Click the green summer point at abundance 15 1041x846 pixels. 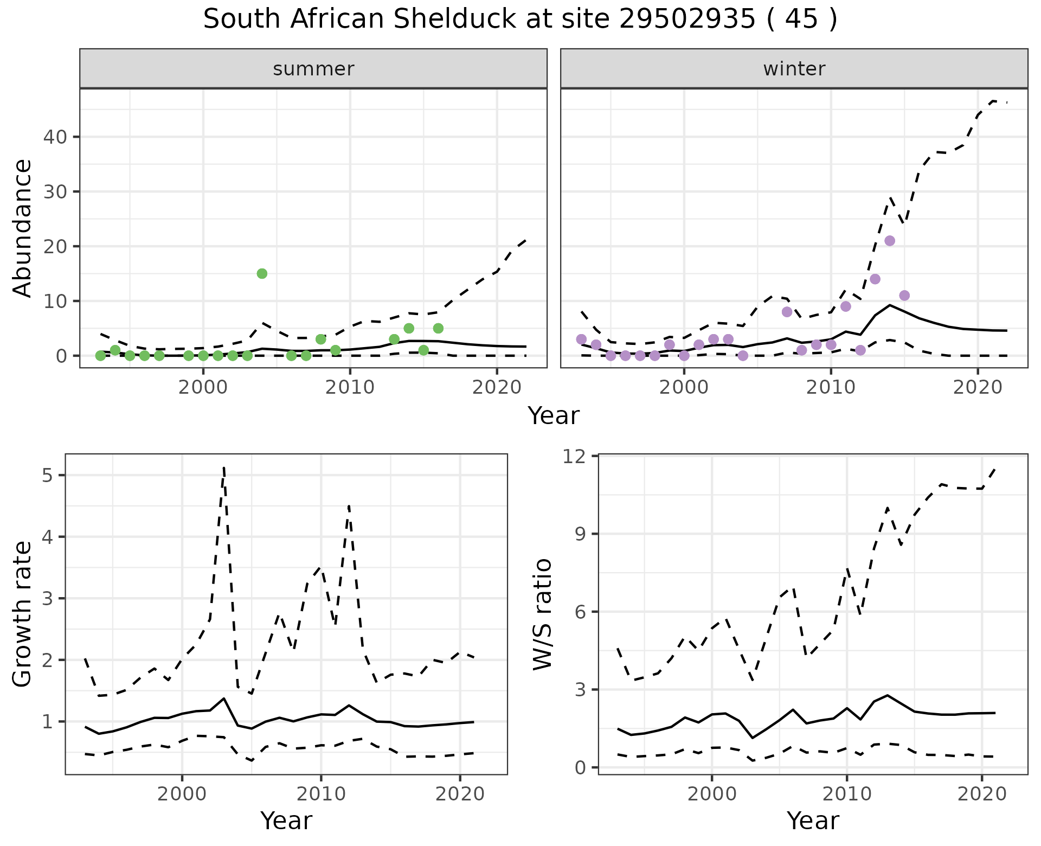tap(262, 273)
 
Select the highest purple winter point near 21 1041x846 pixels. tap(890, 241)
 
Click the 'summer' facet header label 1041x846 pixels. tap(313, 69)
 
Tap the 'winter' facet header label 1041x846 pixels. tap(794, 69)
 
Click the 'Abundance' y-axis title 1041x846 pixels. tap(23, 228)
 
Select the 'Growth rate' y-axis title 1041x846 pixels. tap(23, 614)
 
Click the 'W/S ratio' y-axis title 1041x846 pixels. tap(543, 614)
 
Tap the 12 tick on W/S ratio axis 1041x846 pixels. tap(578, 456)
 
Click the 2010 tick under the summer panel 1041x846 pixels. tap(350, 387)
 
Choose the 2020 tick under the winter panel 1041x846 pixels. tap(978, 387)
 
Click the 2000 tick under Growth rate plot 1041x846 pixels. tap(182, 794)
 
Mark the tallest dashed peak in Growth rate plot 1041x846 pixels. tap(224, 467)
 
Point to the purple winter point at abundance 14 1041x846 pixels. tap(875, 279)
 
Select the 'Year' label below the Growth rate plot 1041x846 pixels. tap(286, 821)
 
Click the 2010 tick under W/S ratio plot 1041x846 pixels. tap(847, 794)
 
